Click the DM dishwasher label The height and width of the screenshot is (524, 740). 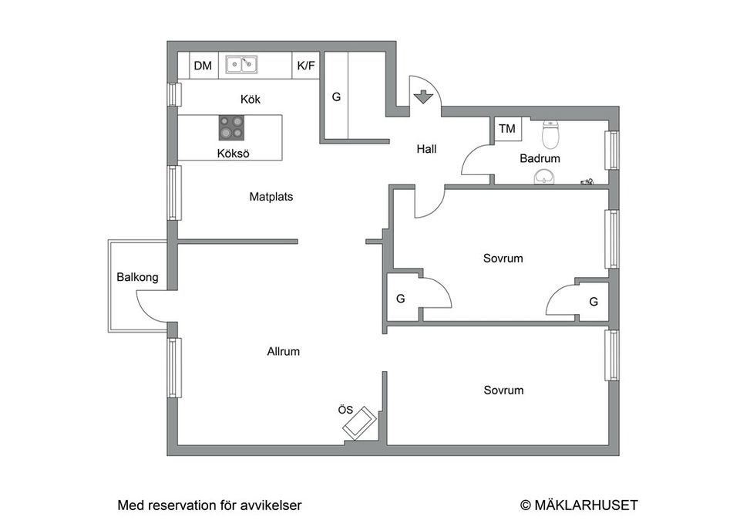(203, 66)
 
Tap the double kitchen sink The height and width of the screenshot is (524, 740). (241, 64)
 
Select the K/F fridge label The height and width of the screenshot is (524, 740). (306, 66)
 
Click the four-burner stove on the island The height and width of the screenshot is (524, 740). (231, 127)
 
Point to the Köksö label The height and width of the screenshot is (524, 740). (233, 153)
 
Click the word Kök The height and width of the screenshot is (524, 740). (250, 100)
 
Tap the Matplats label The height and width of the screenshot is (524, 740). (271, 197)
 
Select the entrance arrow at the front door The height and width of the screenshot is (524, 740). (423, 97)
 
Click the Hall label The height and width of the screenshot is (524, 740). (426, 149)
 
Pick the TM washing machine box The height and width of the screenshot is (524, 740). (508, 129)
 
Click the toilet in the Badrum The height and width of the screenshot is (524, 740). (550, 134)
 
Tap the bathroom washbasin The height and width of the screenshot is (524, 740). (545, 177)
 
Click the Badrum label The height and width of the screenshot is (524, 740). (540, 159)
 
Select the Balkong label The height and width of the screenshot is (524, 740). (137, 277)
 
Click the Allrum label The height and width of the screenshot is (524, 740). (283, 352)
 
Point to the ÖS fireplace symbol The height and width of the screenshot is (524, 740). (360, 423)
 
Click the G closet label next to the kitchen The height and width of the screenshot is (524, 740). (336, 97)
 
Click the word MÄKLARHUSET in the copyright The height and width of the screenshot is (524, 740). (586, 505)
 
